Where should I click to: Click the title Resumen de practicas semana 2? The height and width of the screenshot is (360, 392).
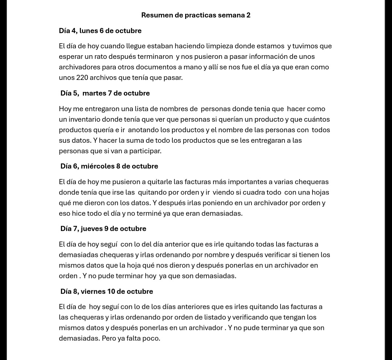(x=196, y=15)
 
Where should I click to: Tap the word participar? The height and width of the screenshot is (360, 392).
(x=144, y=151)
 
